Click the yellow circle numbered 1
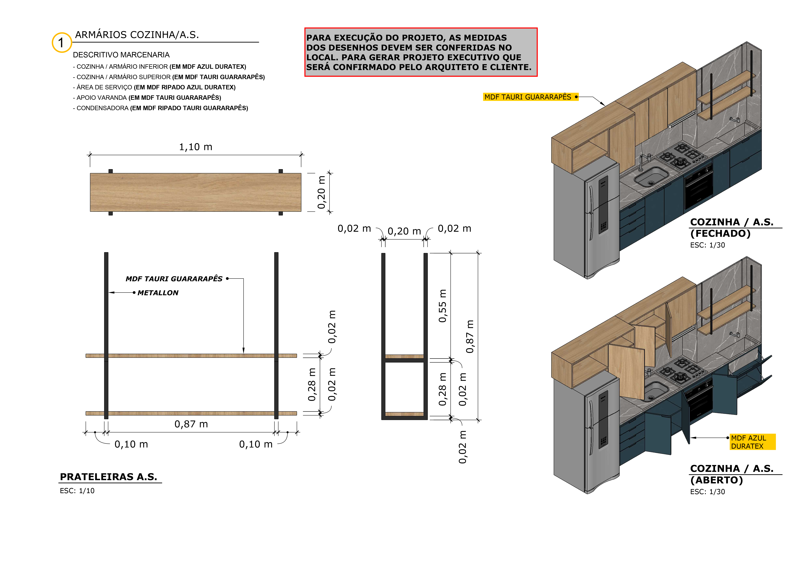point(62,42)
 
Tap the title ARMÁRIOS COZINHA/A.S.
point(137,35)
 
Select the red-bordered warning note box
point(421,52)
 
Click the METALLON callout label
point(158,293)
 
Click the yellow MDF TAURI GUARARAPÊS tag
point(530,97)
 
